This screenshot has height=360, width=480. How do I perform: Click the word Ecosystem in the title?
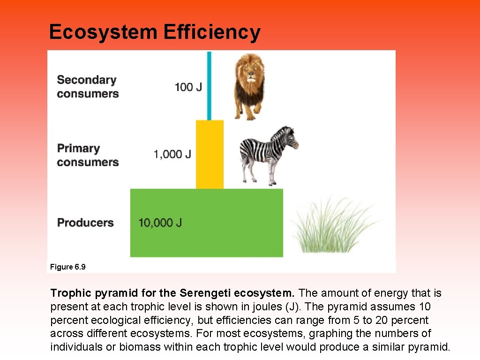click(103, 32)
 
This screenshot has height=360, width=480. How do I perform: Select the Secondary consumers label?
click(88, 87)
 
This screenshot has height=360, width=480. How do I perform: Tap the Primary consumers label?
click(88, 155)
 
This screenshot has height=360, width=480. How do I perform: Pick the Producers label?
click(85, 222)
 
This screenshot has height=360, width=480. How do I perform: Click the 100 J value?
click(188, 87)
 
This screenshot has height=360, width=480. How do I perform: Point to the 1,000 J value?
click(172, 154)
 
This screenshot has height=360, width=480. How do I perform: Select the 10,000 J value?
click(160, 223)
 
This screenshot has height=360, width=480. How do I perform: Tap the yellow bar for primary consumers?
click(210, 155)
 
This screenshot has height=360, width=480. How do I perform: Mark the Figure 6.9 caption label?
click(68, 267)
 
